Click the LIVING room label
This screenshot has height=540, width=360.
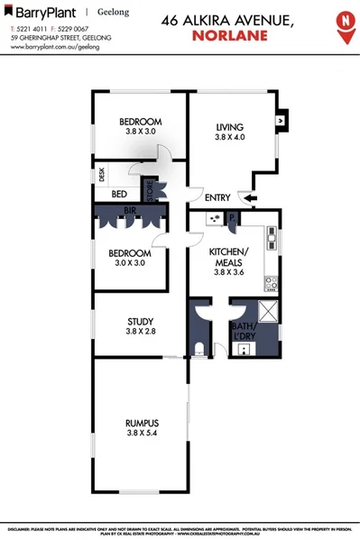point(231,127)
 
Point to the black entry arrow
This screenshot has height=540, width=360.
point(246,198)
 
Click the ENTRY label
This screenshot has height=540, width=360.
point(217,198)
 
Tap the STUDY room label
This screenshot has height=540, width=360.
point(141,321)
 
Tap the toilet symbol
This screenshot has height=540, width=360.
point(199,349)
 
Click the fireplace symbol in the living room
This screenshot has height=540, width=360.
point(281,117)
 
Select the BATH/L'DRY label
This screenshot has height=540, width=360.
point(245,330)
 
